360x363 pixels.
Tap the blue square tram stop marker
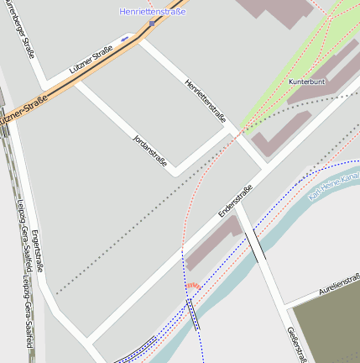click(x=152, y=24)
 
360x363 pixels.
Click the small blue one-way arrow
click(x=125, y=39)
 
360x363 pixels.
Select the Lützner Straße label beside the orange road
click(x=91, y=65)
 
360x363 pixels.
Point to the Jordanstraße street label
click(x=149, y=150)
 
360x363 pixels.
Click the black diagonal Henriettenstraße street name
click(x=205, y=102)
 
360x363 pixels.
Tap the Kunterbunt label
click(x=305, y=82)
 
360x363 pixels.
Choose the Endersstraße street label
click(x=235, y=201)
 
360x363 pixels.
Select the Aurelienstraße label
click(x=339, y=283)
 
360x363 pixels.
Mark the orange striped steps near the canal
click(x=193, y=287)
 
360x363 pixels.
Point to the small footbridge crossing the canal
click(x=195, y=313)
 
